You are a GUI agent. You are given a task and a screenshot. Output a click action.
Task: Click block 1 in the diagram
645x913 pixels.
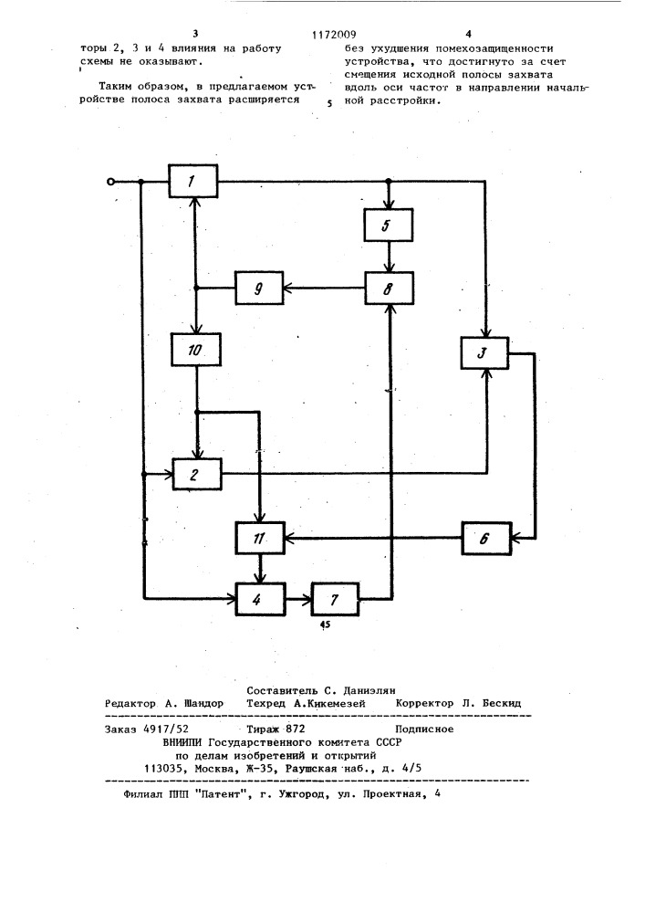coord(193,182)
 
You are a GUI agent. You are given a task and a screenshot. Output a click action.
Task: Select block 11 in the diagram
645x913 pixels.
coord(260,539)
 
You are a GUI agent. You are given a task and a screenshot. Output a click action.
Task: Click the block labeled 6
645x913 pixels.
coord(485,539)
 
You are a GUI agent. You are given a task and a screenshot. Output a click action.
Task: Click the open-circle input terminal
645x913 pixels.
coord(112,182)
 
